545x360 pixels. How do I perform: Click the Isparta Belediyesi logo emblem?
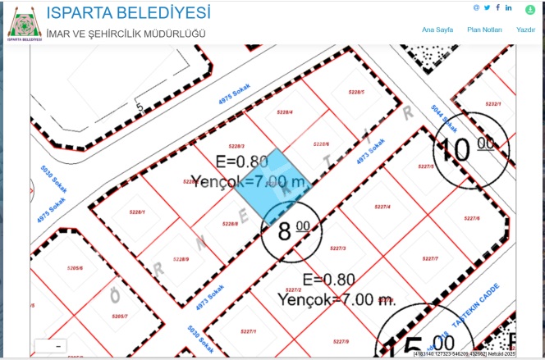click(25, 23)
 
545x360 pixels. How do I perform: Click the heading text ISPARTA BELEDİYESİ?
click(128, 13)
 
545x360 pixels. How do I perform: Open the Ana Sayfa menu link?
click(437, 30)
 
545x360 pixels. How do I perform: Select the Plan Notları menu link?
click(484, 30)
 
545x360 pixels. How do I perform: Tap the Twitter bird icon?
click(487, 7)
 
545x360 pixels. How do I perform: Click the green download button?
click(530, 10)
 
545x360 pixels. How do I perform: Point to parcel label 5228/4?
click(286, 112)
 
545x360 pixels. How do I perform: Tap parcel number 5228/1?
click(137, 212)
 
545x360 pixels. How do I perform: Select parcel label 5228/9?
click(181, 259)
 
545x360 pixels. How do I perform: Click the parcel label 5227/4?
click(382, 207)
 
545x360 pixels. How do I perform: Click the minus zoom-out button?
click(57, 347)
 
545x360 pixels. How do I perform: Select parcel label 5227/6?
click(471, 218)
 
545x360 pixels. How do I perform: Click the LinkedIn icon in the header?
click(509, 7)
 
